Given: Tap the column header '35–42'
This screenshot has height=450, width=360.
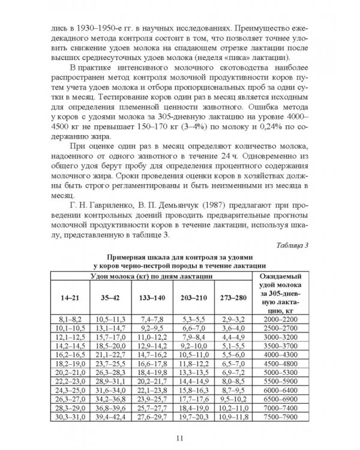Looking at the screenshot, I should (x=110, y=297).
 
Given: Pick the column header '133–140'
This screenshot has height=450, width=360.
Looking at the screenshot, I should (x=152, y=297).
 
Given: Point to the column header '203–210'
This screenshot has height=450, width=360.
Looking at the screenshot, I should (x=193, y=297).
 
